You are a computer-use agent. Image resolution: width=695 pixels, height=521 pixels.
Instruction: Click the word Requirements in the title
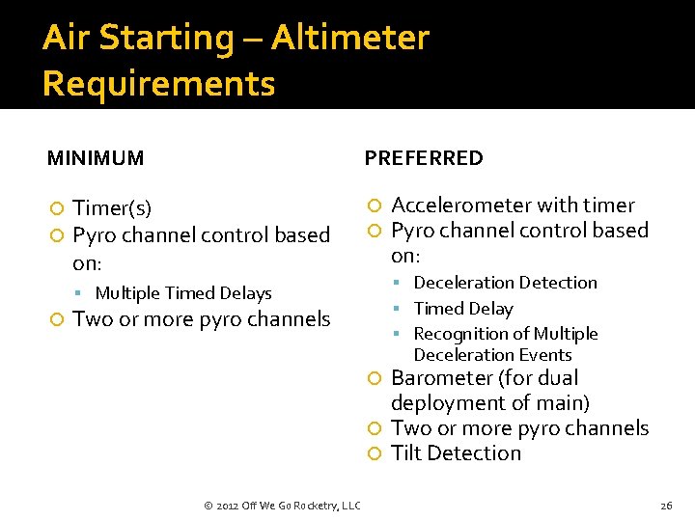(158, 84)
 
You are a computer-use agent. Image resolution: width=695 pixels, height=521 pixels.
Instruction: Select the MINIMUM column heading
(96, 158)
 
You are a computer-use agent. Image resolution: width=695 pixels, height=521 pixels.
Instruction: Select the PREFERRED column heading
(423, 158)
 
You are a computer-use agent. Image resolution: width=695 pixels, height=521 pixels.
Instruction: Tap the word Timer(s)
(112, 208)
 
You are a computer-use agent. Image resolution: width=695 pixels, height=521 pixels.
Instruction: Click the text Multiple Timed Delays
(183, 293)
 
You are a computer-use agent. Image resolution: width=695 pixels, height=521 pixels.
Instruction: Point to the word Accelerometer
(461, 206)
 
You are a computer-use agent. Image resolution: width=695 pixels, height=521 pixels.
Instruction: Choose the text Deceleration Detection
(505, 283)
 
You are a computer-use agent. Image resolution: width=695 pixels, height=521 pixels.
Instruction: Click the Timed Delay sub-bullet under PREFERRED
(462, 309)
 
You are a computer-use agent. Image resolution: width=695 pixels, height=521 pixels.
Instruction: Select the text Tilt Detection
(456, 453)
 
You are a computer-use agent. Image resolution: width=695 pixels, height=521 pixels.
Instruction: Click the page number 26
(665, 506)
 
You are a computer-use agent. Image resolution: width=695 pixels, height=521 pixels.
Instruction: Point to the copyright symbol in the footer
(208, 506)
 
